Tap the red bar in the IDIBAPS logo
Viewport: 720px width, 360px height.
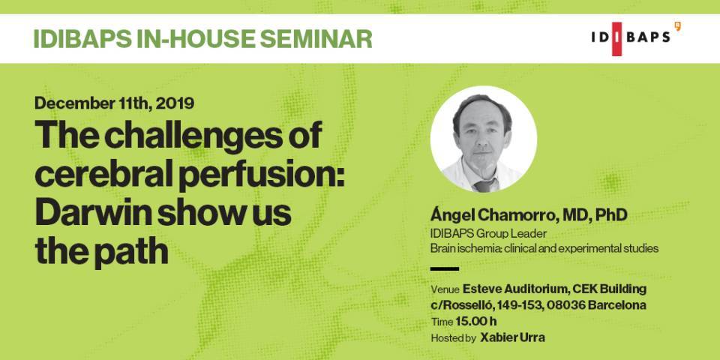click(x=616, y=39)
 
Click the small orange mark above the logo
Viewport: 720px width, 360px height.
click(x=677, y=26)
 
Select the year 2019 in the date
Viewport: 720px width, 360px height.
click(x=175, y=103)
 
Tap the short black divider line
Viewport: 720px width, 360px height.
click(x=445, y=269)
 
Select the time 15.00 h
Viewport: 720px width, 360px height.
click(x=476, y=322)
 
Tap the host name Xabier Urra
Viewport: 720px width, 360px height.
click(x=512, y=338)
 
